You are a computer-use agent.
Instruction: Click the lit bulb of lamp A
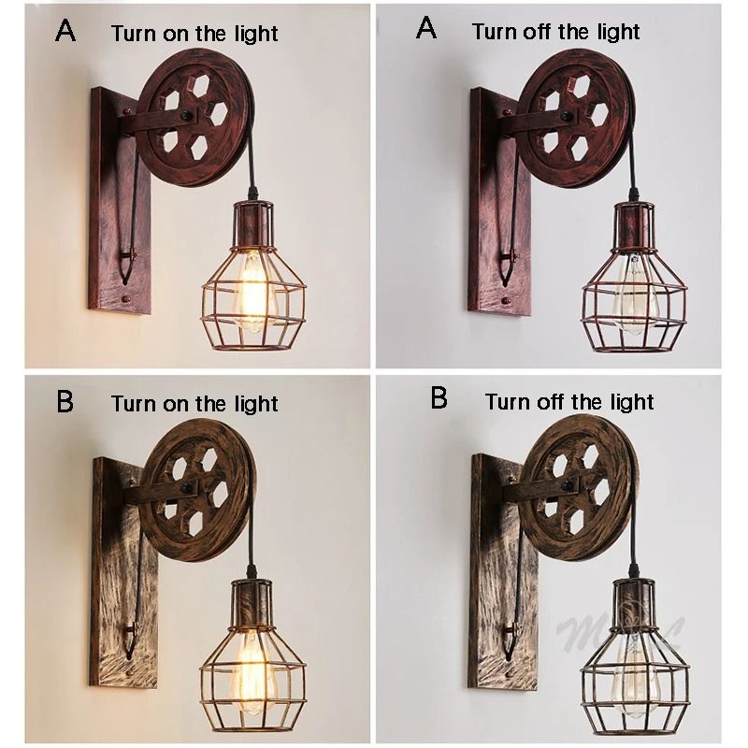pos(253,293)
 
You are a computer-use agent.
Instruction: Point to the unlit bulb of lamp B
pos(635,668)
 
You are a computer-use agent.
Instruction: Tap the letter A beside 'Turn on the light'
pos(65,30)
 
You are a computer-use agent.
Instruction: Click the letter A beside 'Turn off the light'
pos(426,28)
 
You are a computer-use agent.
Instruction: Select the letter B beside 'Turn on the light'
pos(65,401)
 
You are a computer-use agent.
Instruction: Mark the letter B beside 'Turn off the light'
pos(439,399)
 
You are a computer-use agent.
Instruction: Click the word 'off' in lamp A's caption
pos(539,32)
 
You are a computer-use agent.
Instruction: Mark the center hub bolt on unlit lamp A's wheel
pos(571,116)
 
